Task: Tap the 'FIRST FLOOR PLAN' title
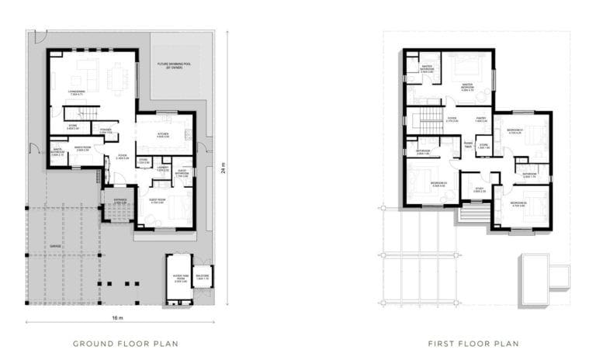click(473, 343)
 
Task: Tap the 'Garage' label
click(55, 245)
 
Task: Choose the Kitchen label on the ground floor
click(163, 136)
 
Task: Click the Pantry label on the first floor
click(480, 119)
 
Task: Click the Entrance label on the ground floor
click(120, 202)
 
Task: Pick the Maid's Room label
click(83, 149)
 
